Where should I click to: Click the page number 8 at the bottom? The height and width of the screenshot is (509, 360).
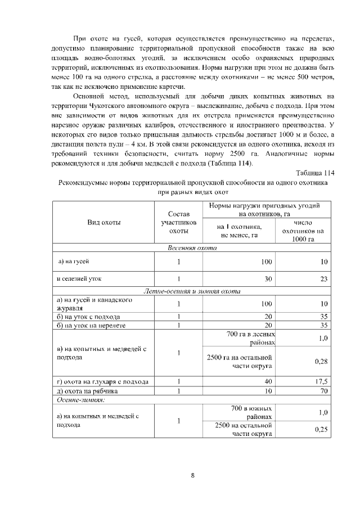point(192,475)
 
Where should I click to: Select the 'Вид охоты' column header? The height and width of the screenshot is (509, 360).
point(104,223)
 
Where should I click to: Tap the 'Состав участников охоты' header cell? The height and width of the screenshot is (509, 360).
point(178,223)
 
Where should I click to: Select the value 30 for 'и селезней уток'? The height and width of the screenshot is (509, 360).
point(268,278)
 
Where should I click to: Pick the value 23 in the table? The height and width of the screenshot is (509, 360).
point(323,278)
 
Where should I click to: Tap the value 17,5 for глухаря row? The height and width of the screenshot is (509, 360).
point(321,381)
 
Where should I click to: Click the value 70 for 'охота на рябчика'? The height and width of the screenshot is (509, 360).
point(323,391)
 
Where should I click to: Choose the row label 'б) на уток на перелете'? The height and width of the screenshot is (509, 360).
point(91,325)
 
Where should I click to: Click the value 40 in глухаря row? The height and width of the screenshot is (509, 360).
point(268,381)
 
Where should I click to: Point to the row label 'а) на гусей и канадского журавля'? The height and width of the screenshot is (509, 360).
point(94,304)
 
